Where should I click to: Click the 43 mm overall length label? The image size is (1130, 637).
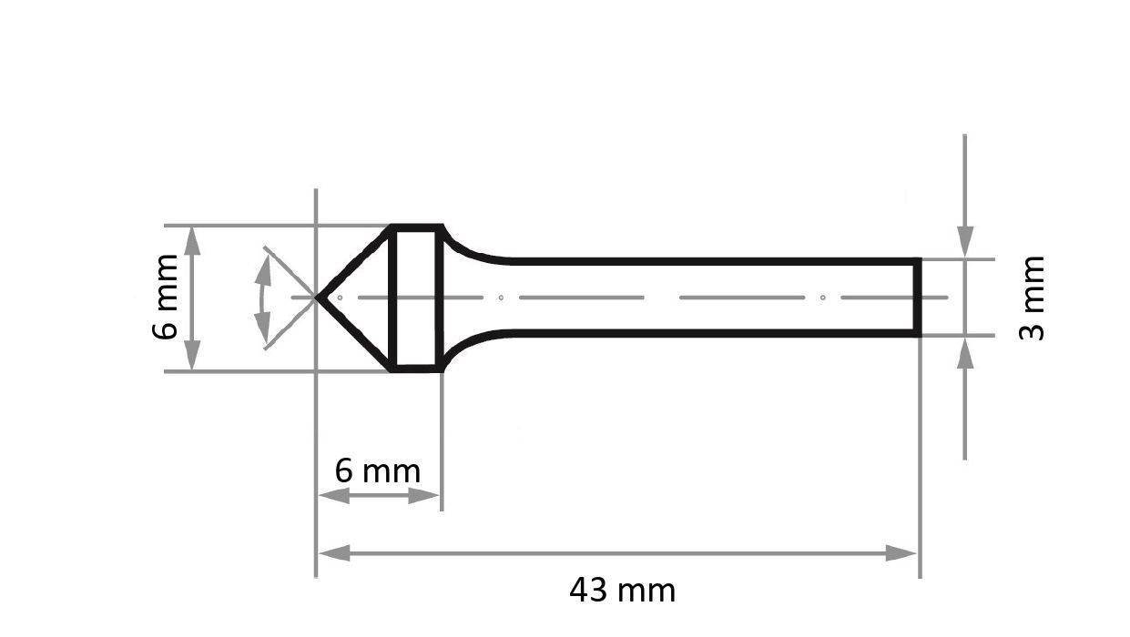coord(622,591)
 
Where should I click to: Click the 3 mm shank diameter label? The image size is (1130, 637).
coord(1033,298)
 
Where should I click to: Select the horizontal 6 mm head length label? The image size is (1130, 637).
coord(377,471)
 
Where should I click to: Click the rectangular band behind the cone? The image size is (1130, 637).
coord(416,298)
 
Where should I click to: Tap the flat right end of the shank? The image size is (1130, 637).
coord(918,298)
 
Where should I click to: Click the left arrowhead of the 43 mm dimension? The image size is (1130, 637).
coord(334,552)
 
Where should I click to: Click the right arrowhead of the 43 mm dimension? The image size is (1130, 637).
coord(901,552)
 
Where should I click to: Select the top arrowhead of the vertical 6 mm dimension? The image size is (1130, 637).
coord(192,241)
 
